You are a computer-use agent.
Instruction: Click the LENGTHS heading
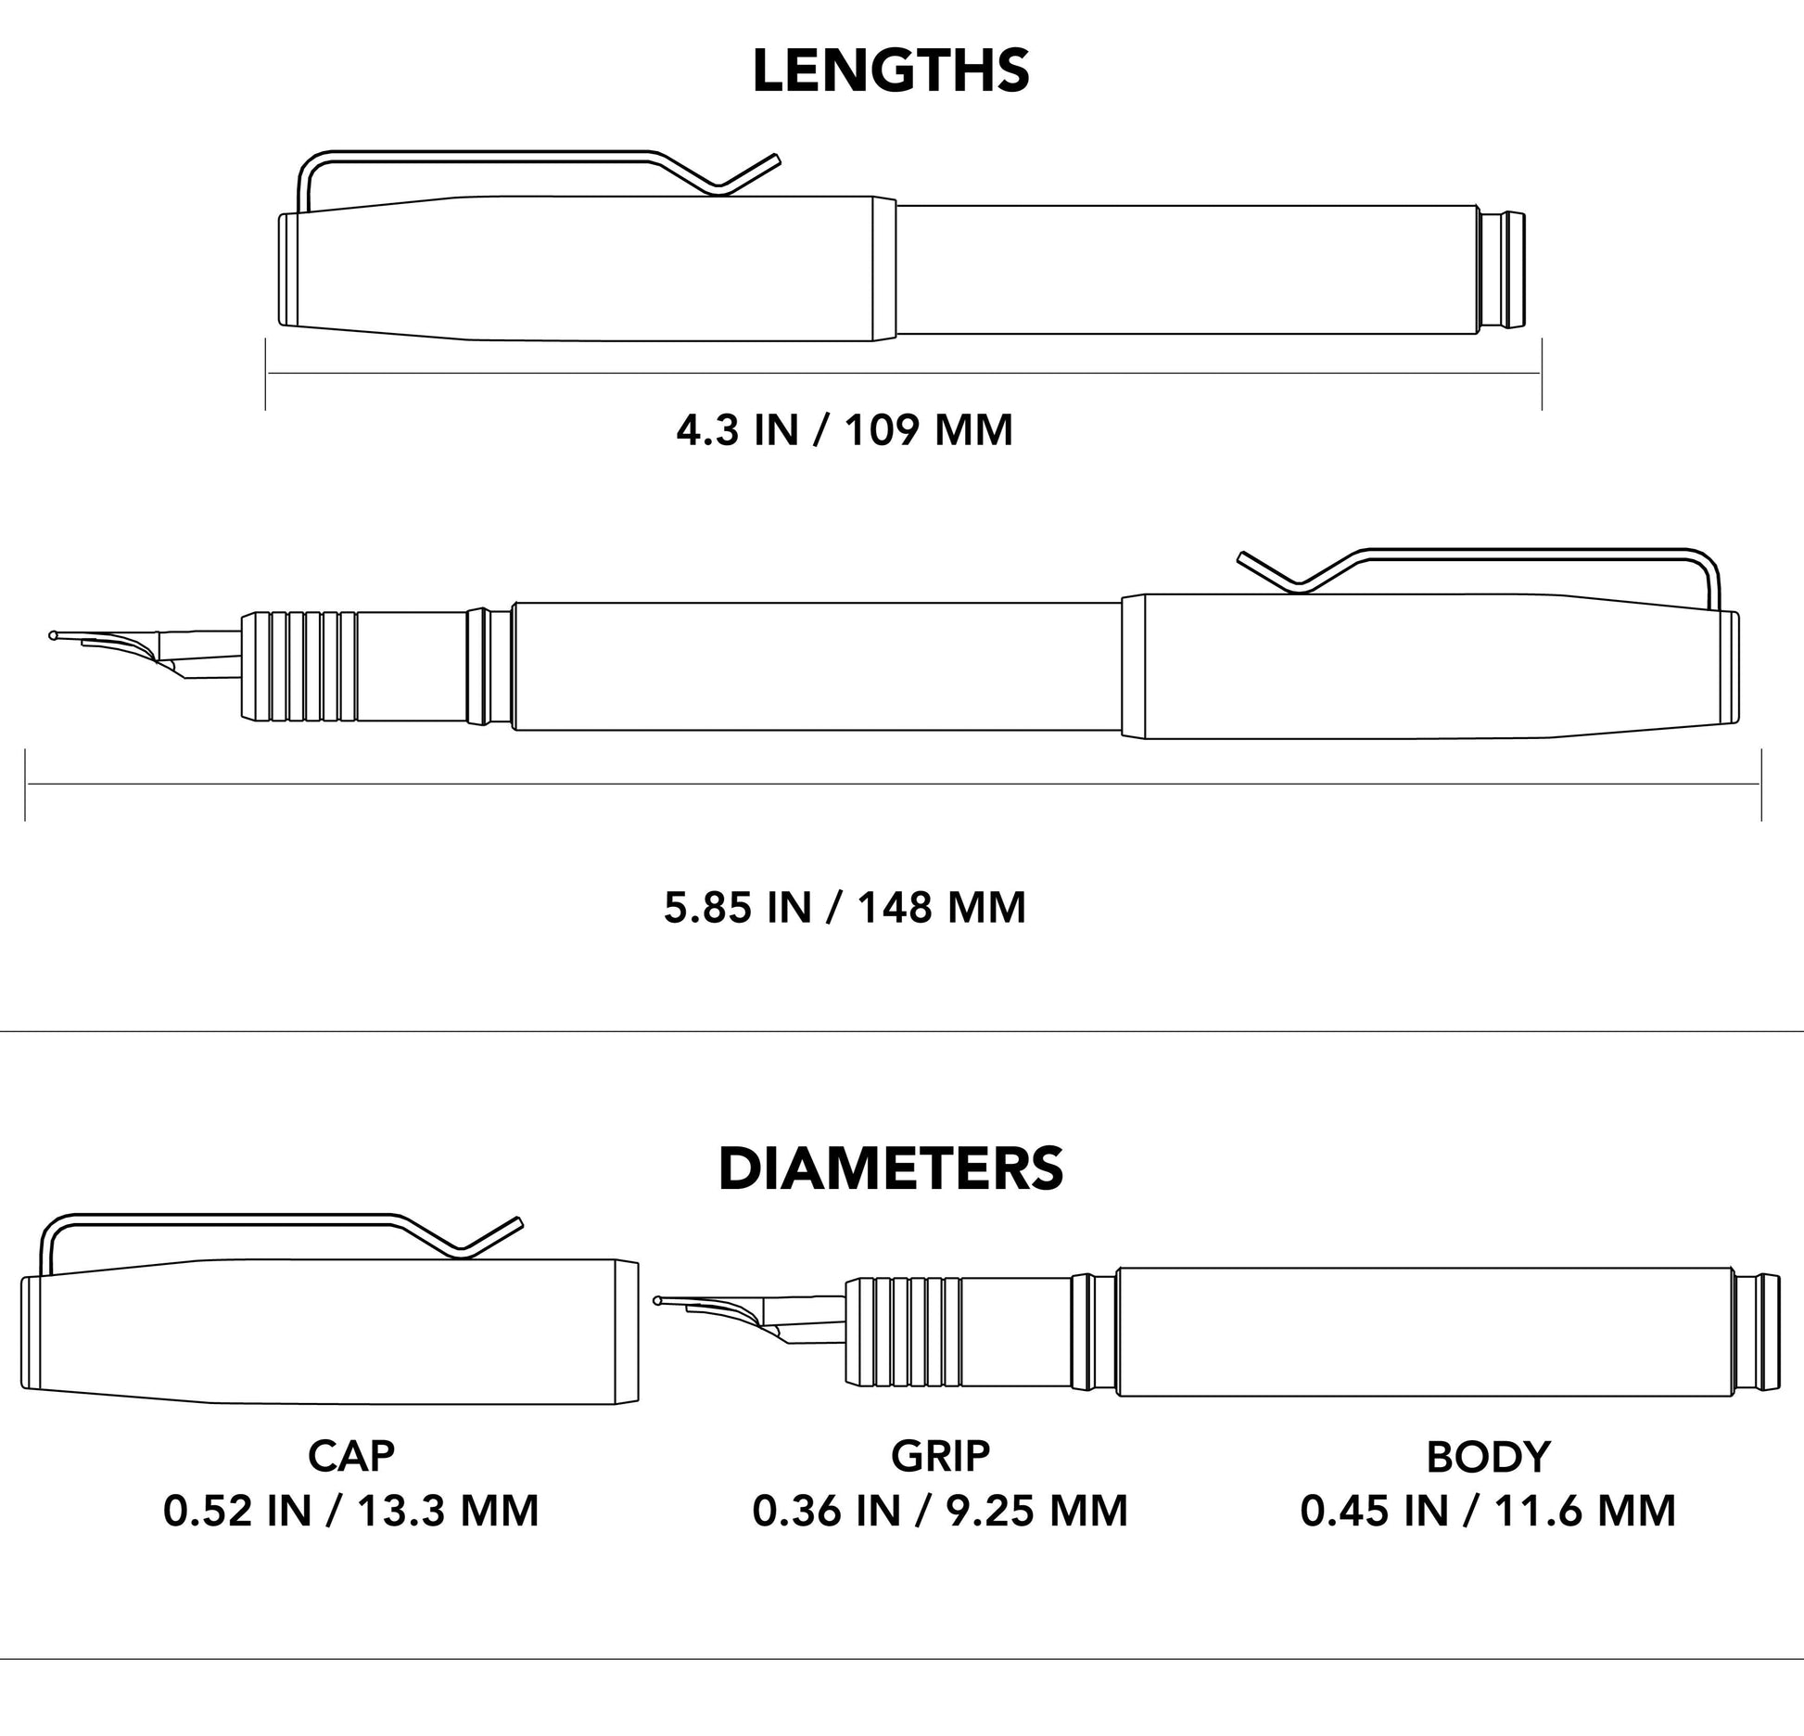pos(890,71)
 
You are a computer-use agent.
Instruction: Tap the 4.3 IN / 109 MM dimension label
pos(845,431)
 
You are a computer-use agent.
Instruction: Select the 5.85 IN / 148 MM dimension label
pos(845,907)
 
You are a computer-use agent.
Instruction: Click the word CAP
pos(351,1456)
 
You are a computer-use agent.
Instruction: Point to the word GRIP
pos(940,1456)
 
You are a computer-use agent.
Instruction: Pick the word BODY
pos(1488,1457)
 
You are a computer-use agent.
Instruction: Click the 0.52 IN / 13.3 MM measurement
pos(351,1511)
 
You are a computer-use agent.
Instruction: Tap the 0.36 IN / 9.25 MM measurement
pos(940,1511)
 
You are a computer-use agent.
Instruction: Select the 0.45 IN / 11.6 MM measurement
pos(1488,1511)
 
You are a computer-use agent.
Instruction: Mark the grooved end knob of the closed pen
pos(1502,270)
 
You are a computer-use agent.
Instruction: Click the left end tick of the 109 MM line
pos(266,374)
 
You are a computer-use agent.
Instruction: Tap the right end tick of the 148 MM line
pos(1760,785)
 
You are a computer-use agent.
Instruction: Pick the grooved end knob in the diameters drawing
pos(1758,1333)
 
